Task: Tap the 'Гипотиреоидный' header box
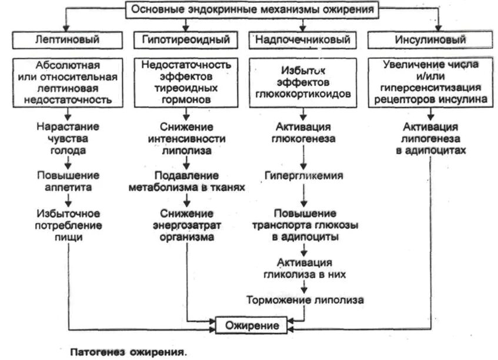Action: [186, 40]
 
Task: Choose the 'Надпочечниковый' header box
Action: [303, 40]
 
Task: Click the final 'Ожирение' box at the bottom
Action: [252, 324]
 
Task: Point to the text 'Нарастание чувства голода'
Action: [68, 138]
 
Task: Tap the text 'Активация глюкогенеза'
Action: [303, 133]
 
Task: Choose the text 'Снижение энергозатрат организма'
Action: [186, 225]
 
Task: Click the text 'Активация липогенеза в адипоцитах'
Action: [430, 138]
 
